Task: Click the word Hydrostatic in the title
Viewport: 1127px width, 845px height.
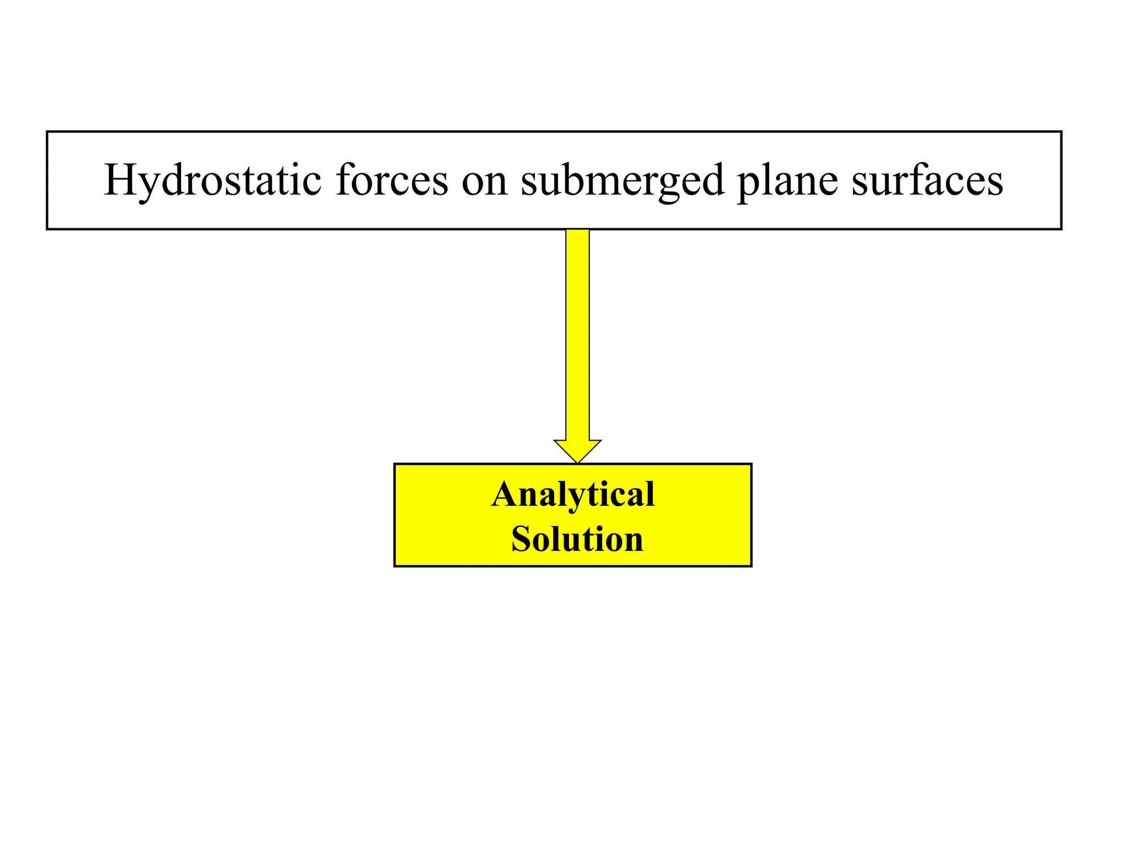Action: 212,180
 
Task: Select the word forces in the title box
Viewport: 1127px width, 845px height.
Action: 392,180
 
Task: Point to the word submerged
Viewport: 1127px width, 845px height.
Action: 622,180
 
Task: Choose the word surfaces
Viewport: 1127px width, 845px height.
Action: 927,180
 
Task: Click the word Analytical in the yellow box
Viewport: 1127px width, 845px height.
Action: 573,495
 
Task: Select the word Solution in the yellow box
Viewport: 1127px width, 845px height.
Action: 577,539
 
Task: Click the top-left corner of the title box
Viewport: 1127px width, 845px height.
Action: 47,132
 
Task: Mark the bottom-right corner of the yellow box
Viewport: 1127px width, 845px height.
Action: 751,566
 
